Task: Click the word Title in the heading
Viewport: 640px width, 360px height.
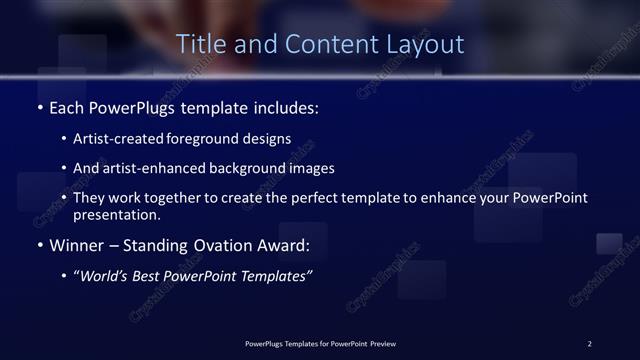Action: (199, 45)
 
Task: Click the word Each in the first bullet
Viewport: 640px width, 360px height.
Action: (69, 105)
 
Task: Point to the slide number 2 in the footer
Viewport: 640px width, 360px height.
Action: (590, 344)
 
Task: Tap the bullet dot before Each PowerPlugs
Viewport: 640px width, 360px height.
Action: (39, 106)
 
